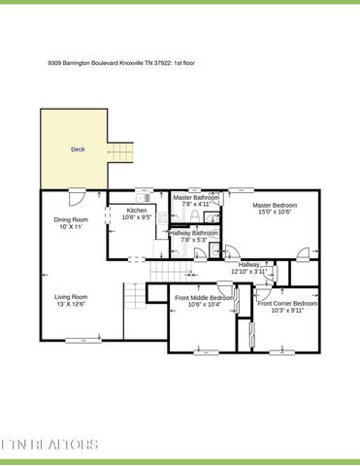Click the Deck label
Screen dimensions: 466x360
pos(77,150)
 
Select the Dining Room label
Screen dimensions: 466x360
pos(70,219)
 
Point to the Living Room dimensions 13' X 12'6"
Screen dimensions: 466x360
pos(70,305)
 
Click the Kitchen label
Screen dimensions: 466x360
pos(137,211)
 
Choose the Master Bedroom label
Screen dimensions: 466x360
pos(275,205)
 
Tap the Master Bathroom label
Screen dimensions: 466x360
pos(195,197)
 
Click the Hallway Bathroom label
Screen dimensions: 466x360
pos(194,233)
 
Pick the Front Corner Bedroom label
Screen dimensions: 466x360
pos(287,304)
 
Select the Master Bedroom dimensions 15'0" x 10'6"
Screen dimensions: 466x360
pos(275,213)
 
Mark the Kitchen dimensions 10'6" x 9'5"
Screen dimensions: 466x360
pos(137,218)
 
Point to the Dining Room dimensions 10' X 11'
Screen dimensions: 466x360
pos(70,227)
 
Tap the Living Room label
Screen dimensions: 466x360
pos(70,297)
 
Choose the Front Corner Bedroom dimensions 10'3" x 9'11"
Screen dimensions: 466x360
pos(287,312)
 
